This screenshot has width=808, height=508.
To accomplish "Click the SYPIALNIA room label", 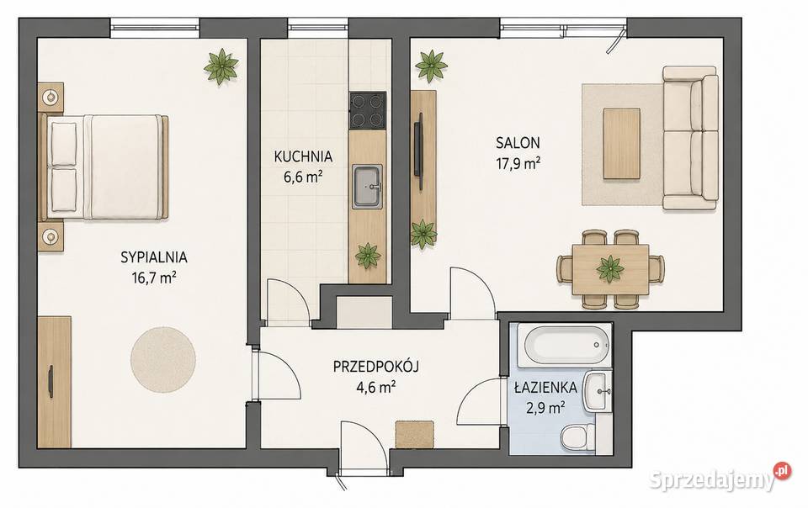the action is [153, 257].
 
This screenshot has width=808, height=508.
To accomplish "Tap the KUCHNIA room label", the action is [303, 156].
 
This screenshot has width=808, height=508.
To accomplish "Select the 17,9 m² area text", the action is [518, 164].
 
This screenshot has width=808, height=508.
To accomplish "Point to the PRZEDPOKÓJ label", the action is [375, 367].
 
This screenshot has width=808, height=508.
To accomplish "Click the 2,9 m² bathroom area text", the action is [545, 408].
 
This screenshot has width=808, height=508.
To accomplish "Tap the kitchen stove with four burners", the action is [368, 111].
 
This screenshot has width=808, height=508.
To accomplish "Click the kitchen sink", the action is [368, 187].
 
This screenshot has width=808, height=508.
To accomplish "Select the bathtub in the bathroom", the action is [564, 344].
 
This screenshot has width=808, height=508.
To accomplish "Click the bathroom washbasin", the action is [598, 392].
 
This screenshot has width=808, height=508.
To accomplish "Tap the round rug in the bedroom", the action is [162, 359].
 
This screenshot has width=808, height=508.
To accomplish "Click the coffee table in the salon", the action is [621, 144].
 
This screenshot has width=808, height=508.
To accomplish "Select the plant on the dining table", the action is [610, 268].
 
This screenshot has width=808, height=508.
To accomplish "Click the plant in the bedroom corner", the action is [221, 66].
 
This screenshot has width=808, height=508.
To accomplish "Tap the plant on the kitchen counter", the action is [368, 256].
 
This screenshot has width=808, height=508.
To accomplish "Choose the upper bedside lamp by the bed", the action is [50, 96].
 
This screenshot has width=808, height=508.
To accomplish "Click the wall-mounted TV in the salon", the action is [420, 152].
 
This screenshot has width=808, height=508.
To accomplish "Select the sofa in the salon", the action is [690, 138].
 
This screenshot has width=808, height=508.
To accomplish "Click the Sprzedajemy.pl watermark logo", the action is [720, 479].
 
